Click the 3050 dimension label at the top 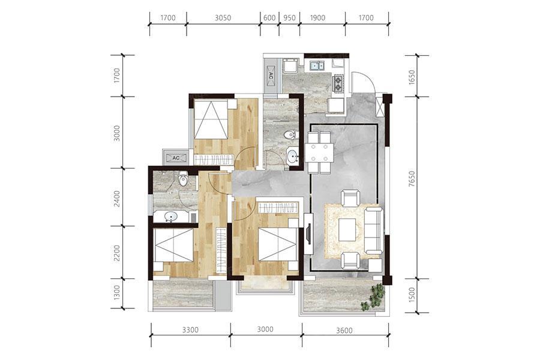pos(223,17)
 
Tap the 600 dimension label pos(269,17)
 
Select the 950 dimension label pos(289,17)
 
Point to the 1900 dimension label pos(317,17)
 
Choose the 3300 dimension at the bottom pos(190,330)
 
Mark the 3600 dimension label pos(344,330)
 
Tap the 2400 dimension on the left pos(118,199)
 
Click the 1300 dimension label pos(118,292)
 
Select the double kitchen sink pos(317,65)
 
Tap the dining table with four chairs pos(319,152)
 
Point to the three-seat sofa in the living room pos(374,230)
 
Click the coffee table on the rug pos(348,230)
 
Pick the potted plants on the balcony pos(373,296)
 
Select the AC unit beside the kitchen pos(271,76)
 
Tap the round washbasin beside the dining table pos(293,157)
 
